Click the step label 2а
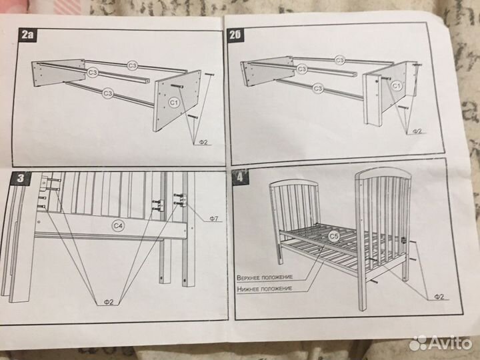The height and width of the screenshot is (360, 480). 27,35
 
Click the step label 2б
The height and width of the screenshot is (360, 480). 235,35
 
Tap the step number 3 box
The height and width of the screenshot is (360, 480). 21,178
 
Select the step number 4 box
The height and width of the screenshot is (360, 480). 240,177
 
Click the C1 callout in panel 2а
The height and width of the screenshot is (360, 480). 174,103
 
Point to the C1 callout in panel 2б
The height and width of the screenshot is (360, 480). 396,86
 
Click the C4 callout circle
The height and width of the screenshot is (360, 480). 118,226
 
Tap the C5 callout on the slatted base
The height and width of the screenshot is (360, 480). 334,236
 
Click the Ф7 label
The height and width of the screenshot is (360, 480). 214,218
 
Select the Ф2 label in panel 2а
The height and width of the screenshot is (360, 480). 203,142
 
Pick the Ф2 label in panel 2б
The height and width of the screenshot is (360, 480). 417,131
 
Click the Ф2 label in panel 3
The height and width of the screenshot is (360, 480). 109,302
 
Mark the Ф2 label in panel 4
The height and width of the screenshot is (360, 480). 439,297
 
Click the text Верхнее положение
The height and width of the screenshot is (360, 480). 265,277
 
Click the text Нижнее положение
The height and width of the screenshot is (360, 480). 265,289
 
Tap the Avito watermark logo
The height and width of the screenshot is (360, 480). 440,343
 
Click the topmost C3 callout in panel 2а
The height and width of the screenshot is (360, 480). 132,65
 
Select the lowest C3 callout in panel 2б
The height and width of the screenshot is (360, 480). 317,89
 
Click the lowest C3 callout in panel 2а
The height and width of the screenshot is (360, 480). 107,93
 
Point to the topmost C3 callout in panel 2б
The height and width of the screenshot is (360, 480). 340,60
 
